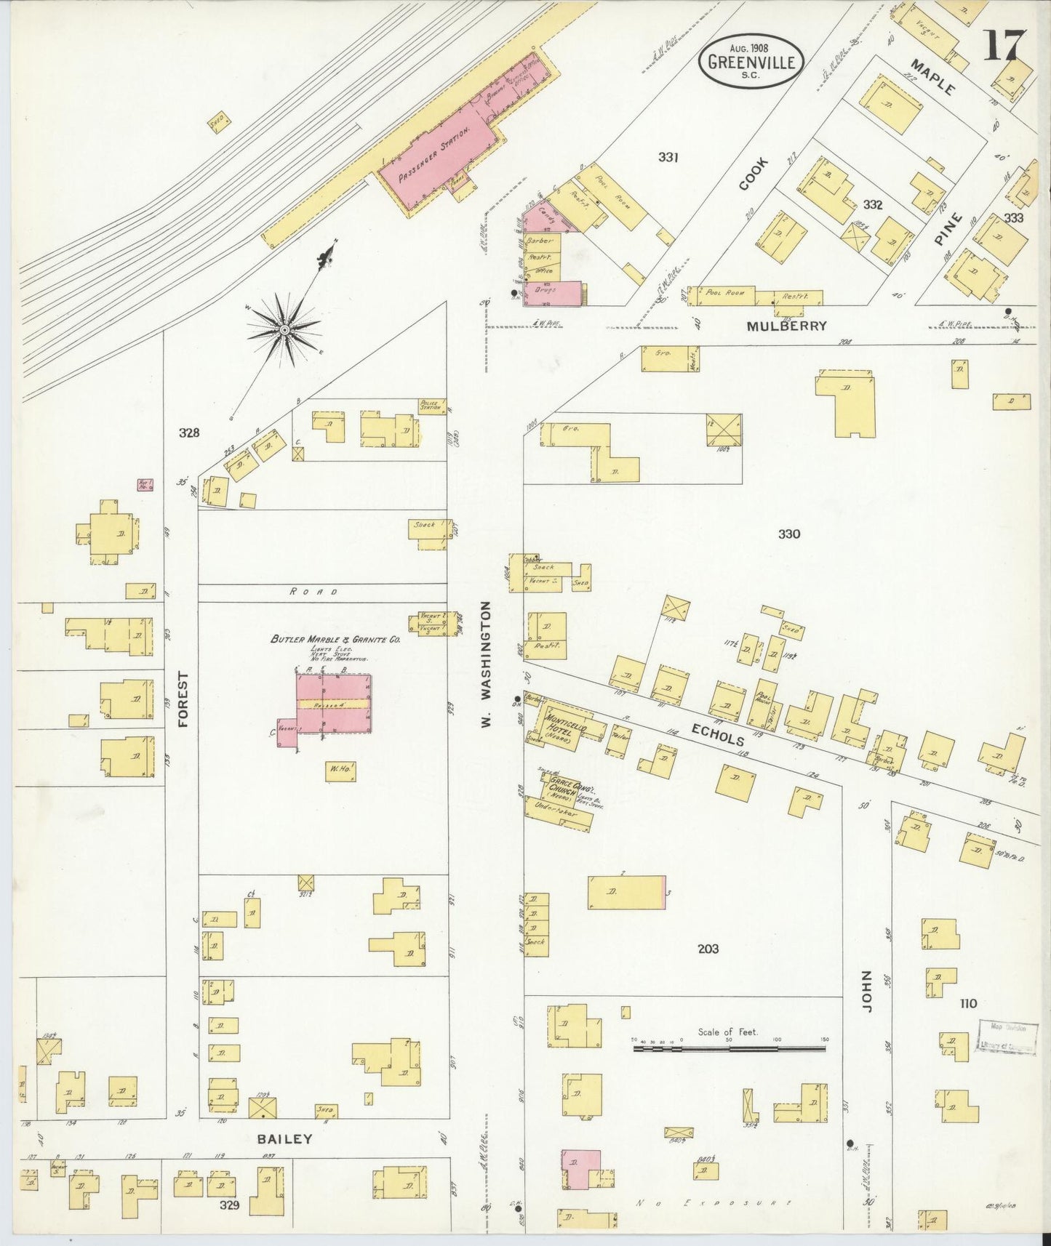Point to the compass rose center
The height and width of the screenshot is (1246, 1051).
(x=284, y=331)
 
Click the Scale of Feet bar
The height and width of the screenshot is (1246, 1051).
(x=729, y=1049)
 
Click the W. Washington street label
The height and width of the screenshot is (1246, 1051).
(x=487, y=651)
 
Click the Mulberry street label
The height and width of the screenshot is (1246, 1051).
(x=787, y=326)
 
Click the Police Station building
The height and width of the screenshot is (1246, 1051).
(x=431, y=406)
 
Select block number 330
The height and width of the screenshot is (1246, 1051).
(x=788, y=534)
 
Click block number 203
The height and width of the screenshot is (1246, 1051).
(x=707, y=948)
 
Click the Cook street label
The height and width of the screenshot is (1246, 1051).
(x=753, y=175)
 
